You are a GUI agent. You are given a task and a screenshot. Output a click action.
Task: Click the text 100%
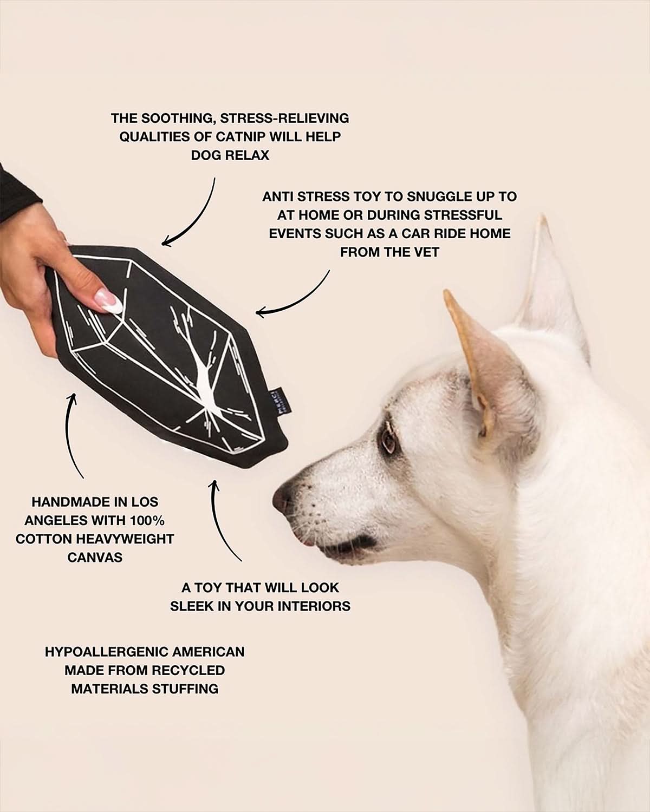click(146, 520)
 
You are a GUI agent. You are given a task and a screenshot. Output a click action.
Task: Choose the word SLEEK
click(192, 606)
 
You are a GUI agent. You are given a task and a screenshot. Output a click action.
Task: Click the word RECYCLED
click(188, 670)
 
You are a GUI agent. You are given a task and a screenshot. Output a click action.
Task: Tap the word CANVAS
click(95, 557)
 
